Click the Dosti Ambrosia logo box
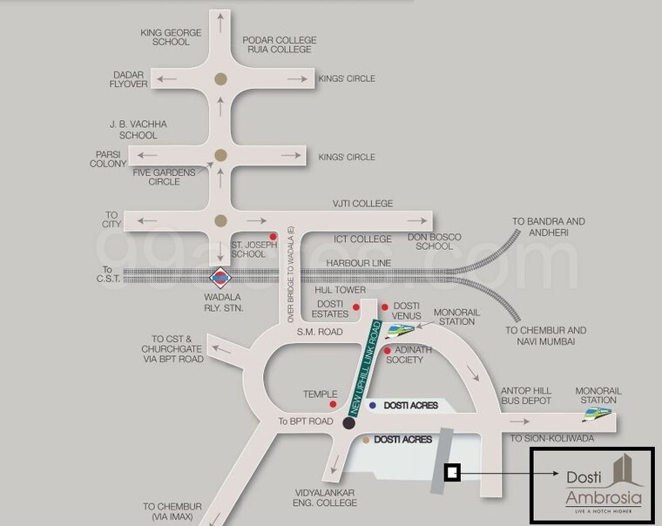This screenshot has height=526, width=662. tap(591, 486)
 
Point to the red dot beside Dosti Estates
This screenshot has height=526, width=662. tap(356, 307)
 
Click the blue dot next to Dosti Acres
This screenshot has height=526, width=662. tap(373, 405)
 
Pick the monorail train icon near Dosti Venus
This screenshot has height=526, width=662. tap(402, 330)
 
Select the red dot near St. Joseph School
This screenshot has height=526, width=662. tap(274, 236)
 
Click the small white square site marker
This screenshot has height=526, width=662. tap(452, 473)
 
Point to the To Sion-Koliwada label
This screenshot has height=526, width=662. tap(552, 438)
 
